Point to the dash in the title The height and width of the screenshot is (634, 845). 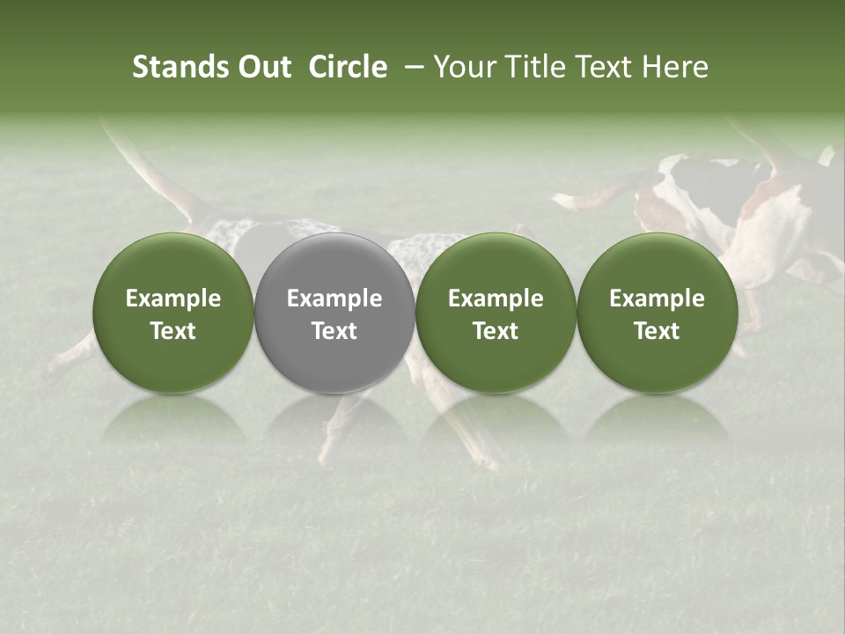(x=411, y=68)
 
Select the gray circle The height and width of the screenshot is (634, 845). (x=334, y=313)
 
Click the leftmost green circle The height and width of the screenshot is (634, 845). (x=173, y=313)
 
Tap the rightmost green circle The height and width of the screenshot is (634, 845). (x=657, y=313)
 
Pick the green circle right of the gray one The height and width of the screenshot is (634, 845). (x=496, y=313)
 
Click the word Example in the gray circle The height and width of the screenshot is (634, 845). (x=334, y=299)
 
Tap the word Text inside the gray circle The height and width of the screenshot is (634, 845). (x=334, y=330)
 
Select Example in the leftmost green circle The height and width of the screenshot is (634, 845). (x=173, y=299)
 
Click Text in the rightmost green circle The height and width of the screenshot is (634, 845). (x=657, y=330)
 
